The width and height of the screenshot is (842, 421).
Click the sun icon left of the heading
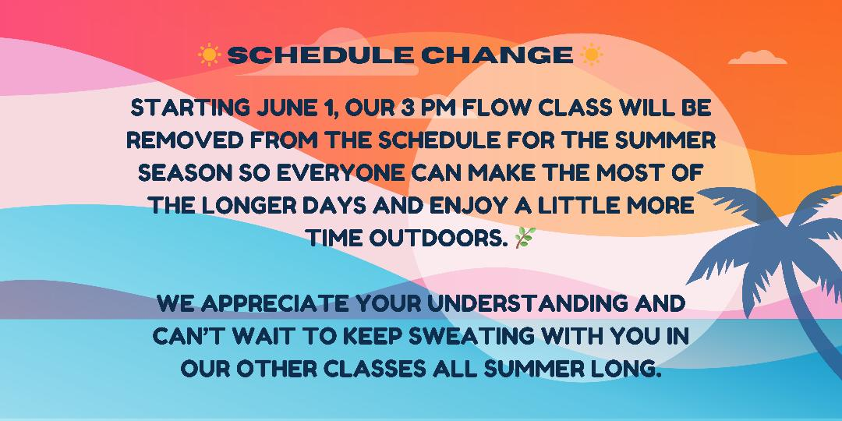[209, 55]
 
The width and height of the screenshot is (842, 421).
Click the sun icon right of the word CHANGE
[591, 55]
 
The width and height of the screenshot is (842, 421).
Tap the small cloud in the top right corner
[757, 58]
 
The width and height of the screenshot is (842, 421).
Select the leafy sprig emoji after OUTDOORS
[525, 237]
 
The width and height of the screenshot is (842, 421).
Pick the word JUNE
[291, 108]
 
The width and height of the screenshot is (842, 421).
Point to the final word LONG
[624, 369]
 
